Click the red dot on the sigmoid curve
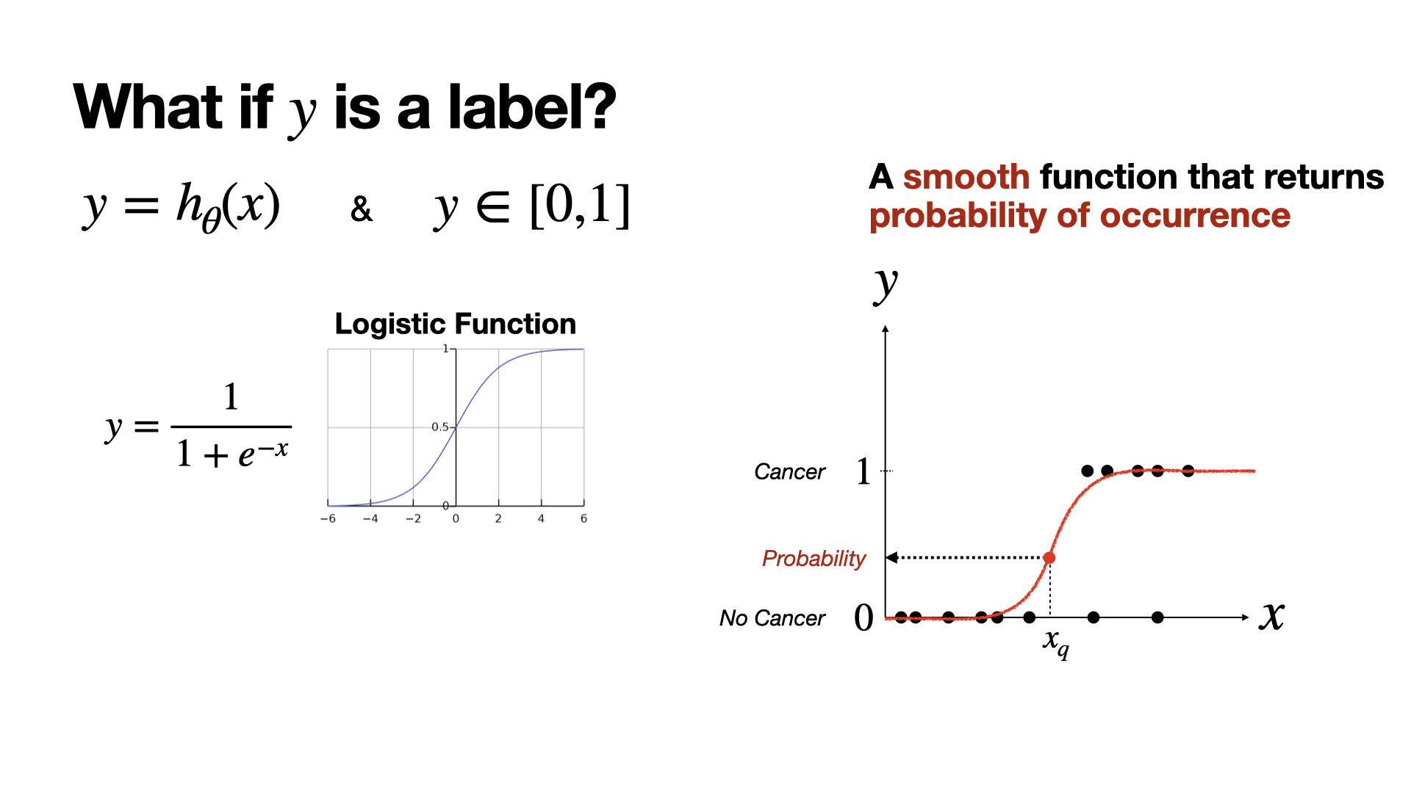pyautogui.click(x=1049, y=558)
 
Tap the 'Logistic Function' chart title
pyautogui.click(x=456, y=324)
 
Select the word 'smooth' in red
pyautogui.click(x=966, y=177)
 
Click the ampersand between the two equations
pyautogui.click(x=361, y=209)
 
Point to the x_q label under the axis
pyautogui.click(x=1056, y=643)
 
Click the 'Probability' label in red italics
pyautogui.click(x=814, y=559)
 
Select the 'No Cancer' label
pyautogui.click(x=772, y=618)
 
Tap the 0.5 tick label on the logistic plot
pyautogui.click(x=439, y=427)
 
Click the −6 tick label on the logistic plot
pyautogui.click(x=328, y=518)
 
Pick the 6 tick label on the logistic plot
pyautogui.click(x=584, y=518)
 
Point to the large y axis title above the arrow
pyautogui.click(x=886, y=285)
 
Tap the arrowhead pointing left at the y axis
pyautogui.click(x=891, y=557)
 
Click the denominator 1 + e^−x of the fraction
pyautogui.click(x=231, y=452)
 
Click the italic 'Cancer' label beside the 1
pyautogui.click(x=789, y=471)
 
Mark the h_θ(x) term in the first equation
pyautogui.click(x=228, y=206)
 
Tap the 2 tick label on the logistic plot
pyautogui.click(x=498, y=518)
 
